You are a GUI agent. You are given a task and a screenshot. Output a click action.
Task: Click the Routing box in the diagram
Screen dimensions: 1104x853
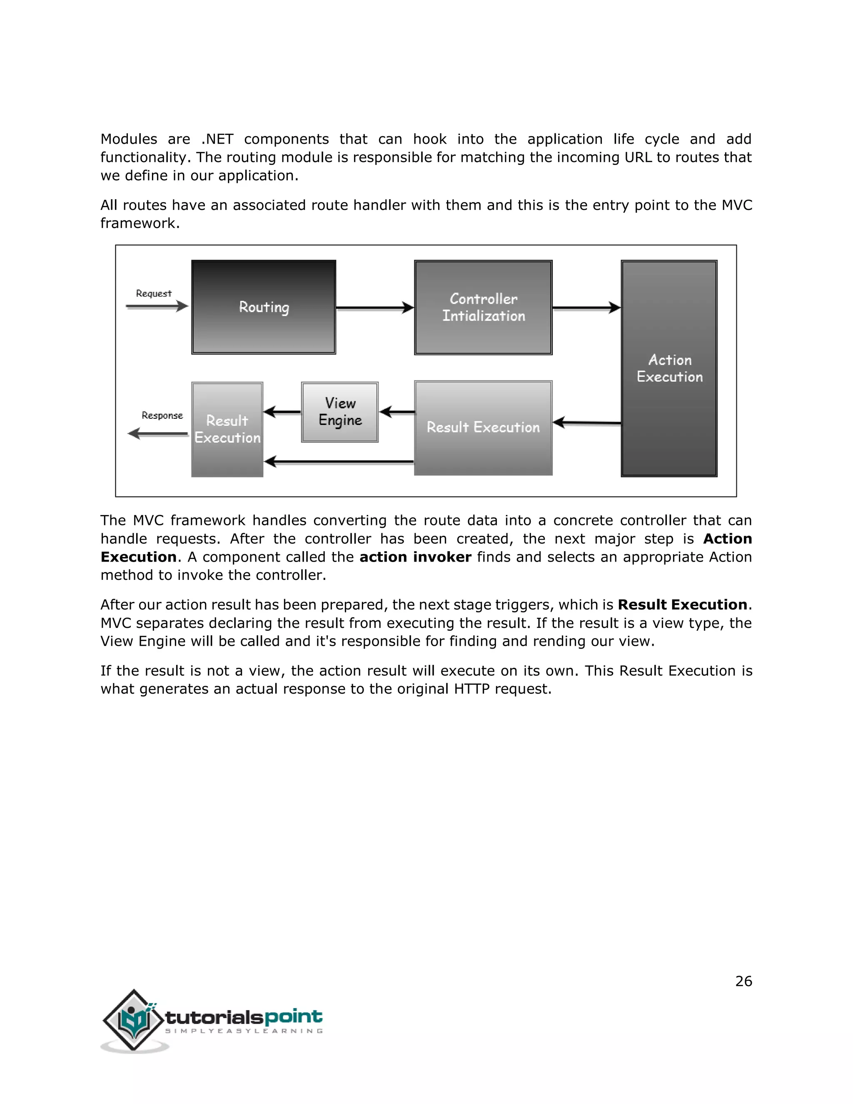click(263, 307)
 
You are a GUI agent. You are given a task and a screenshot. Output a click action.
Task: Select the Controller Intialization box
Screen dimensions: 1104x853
click(483, 307)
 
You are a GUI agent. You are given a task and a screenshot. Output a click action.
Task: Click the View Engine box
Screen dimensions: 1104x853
click(339, 412)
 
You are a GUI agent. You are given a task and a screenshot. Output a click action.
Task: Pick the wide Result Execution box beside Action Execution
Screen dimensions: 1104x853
click(483, 428)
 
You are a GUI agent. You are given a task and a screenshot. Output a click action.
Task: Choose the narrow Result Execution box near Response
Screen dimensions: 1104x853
click(227, 429)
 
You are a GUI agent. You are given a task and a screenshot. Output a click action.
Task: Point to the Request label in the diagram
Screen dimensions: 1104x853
click(154, 294)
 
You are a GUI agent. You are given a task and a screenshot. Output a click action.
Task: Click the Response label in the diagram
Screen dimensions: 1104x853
click(162, 415)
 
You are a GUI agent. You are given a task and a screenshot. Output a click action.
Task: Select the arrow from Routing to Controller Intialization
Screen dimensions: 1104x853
click(374, 307)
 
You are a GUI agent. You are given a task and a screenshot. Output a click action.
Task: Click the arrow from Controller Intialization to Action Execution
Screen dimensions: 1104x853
click(586, 307)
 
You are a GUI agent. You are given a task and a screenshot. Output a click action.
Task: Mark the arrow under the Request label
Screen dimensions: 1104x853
click(157, 306)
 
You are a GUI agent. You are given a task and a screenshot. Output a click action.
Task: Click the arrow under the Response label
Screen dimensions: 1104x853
click(158, 434)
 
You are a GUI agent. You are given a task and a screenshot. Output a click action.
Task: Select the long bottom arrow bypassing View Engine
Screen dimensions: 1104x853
click(339, 462)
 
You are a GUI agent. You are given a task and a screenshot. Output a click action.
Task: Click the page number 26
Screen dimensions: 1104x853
click(743, 981)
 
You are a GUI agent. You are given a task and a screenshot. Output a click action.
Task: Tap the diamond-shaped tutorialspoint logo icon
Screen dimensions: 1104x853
click(133, 1019)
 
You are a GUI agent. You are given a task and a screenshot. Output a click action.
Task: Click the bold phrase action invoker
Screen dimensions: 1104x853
click(415, 557)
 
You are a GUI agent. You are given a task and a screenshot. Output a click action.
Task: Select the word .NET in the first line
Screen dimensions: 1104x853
click(217, 139)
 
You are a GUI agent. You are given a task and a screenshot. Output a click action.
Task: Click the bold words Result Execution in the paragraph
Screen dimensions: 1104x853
click(682, 604)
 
